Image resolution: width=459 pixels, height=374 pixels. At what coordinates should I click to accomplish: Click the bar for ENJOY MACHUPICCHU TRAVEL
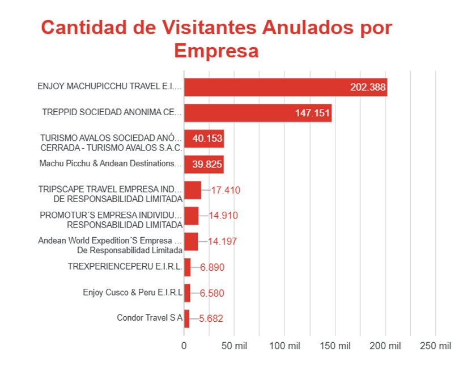point(286,87)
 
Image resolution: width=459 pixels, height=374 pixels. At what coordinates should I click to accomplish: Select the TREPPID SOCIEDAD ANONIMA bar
point(258,113)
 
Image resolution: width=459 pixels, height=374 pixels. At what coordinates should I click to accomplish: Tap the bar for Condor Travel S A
point(187,318)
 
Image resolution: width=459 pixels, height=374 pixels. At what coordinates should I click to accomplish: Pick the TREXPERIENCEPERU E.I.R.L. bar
point(188,267)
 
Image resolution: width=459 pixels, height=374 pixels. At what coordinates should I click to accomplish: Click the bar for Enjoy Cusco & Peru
point(188,293)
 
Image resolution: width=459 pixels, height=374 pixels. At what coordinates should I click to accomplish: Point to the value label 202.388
point(368,87)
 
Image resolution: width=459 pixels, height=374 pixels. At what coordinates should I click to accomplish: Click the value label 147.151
point(312,113)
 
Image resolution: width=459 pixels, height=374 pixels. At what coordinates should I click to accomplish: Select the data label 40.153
point(207,138)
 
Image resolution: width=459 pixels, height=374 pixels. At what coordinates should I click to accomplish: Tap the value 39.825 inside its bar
point(207,164)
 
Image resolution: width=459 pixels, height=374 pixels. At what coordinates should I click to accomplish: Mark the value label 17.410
point(226,190)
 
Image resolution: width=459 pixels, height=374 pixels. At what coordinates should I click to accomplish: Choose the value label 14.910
point(223,216)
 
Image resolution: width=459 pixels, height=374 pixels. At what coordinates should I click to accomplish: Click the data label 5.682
point(211,318)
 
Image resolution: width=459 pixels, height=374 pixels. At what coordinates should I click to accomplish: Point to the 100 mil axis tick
point(285,346)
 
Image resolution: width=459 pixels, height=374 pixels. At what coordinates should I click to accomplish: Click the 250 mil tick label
point(436,346)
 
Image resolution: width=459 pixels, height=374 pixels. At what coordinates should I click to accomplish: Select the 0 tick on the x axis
point(184,346)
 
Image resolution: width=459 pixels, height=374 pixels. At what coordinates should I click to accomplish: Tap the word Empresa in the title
point(216,51)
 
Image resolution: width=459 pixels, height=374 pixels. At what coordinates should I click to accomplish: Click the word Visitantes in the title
point(209,28)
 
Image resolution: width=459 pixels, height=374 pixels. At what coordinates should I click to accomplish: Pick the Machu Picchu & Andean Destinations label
point(110,163)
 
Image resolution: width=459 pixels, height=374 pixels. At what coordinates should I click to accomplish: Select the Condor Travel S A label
point(150,318)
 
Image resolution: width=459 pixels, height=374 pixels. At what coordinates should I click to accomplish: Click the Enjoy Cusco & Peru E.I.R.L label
point(133,292)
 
